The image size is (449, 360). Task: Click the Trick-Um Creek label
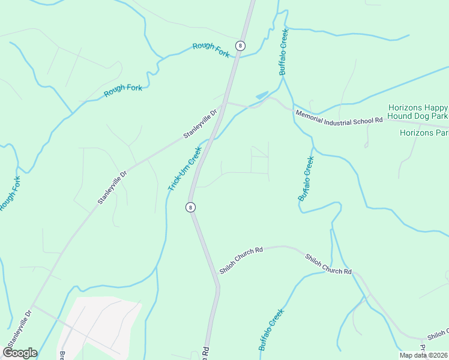coord(184,170)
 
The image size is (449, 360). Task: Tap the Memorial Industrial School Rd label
coord(338,117)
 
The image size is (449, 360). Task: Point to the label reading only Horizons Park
coord(424,133)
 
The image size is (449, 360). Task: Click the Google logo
coord(19,353)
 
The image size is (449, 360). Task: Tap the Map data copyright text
coord(424,355)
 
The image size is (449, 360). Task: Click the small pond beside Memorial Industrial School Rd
coord(262,95)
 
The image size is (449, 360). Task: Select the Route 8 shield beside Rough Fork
coord(240,46)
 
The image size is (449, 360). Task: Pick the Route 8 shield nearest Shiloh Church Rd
coord(190,207)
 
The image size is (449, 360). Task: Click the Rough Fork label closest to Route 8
coord(211,49)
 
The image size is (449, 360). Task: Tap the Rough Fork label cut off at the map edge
coord(10,193)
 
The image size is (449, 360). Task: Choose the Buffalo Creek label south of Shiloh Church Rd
coord(271,329)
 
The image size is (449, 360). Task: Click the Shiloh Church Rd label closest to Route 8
coord(241,259)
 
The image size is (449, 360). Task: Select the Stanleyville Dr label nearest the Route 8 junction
coord(200,124)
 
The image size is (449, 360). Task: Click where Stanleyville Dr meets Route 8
coord(223,103)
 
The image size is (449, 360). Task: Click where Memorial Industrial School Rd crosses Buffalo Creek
coord(292,110)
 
